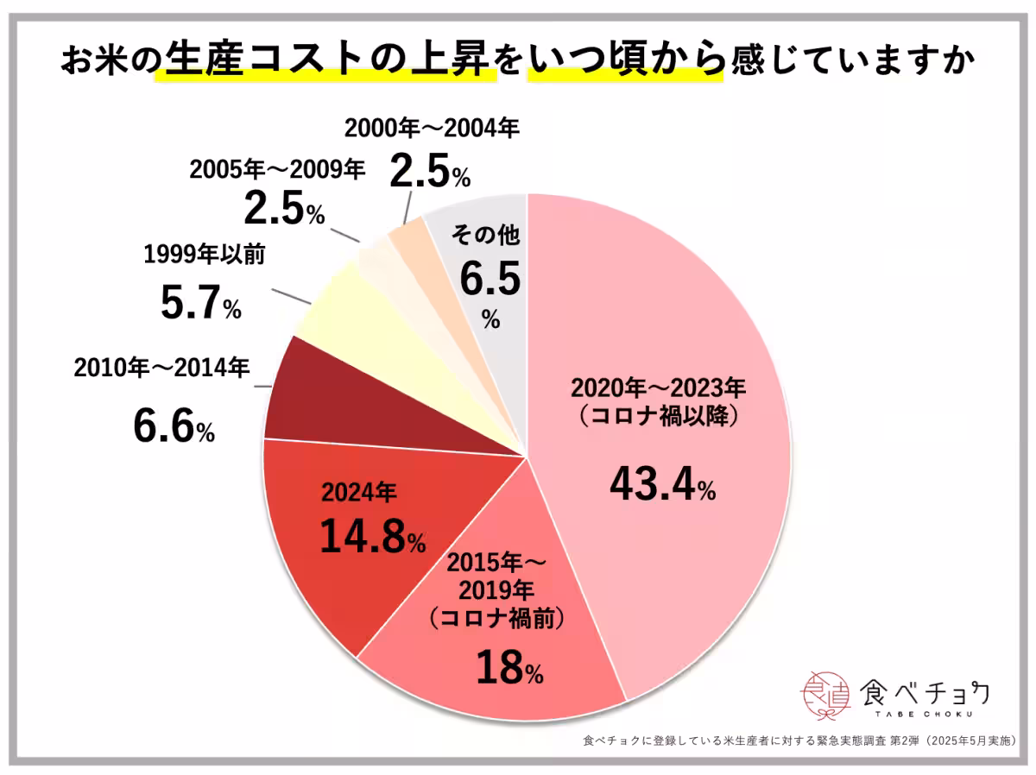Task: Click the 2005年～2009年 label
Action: pyautogui.click(x=277, y=168)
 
